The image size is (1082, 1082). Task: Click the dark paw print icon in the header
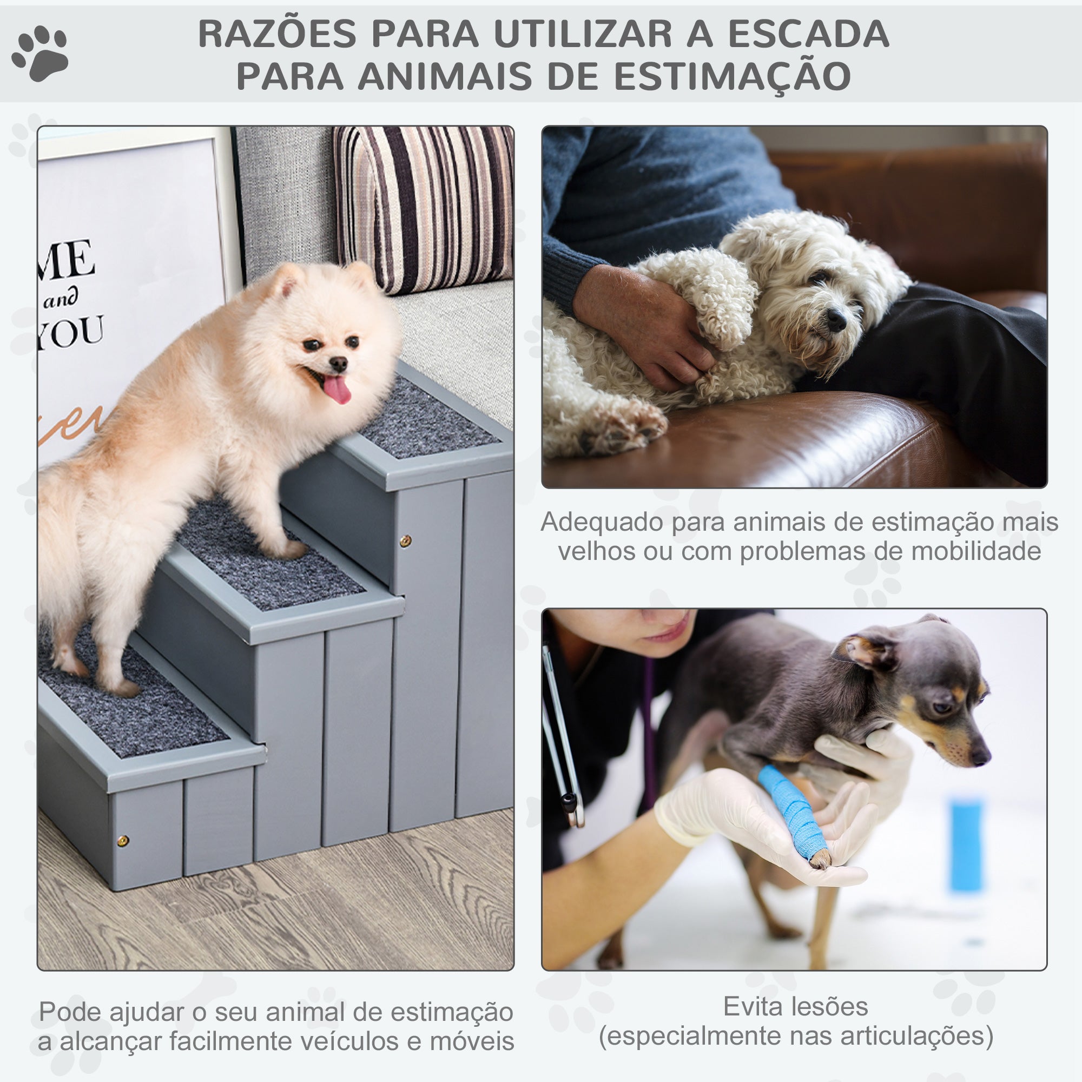(x=41, y=52)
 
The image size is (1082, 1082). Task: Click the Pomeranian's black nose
(x=338, y=364)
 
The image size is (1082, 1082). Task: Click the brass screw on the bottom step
(x=123, y=840)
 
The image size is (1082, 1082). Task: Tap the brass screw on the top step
(x=405, y=540)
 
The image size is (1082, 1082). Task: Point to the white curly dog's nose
(x=836, y=320)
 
